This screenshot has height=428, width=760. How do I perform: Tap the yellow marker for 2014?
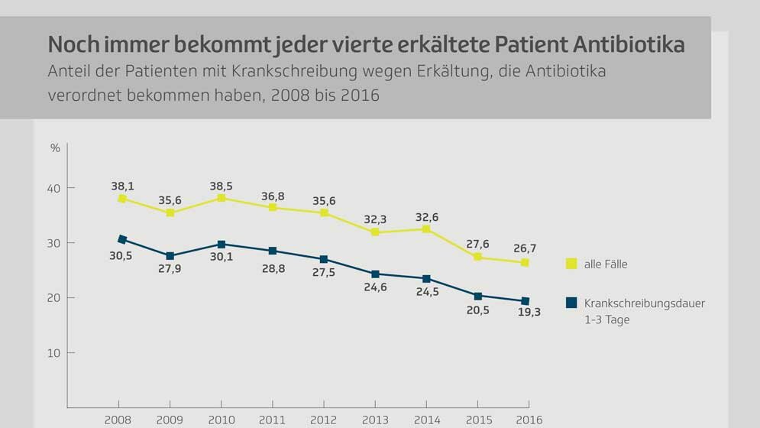[x=426, y=229]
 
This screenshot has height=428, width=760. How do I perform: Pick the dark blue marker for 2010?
[x=222, y=245]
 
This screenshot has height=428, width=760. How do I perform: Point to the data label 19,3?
[x=529, y=313]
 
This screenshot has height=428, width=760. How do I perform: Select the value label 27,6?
[x=477, y=244]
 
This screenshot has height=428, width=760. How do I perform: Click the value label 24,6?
[x=375, y=288]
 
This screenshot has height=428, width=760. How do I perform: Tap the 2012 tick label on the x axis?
[x=324, y=420]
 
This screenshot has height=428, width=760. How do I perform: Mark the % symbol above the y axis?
[x=55, y=148]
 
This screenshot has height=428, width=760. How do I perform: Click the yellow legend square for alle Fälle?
[x=571, y=264]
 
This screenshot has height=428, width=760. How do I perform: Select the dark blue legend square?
[x=571, y=303]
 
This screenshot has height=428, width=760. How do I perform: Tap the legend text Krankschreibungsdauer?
[x=645, y=303]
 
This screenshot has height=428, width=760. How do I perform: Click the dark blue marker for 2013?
[x=375, y=274]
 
